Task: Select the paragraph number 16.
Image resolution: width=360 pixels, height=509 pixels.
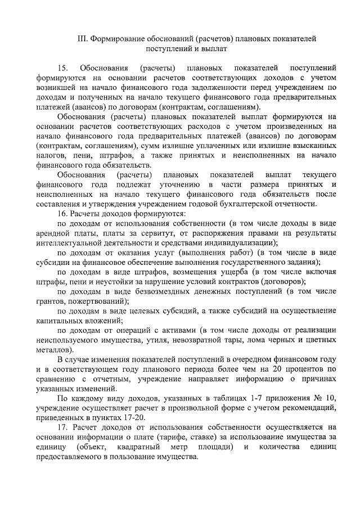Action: [x=63, y=214]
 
